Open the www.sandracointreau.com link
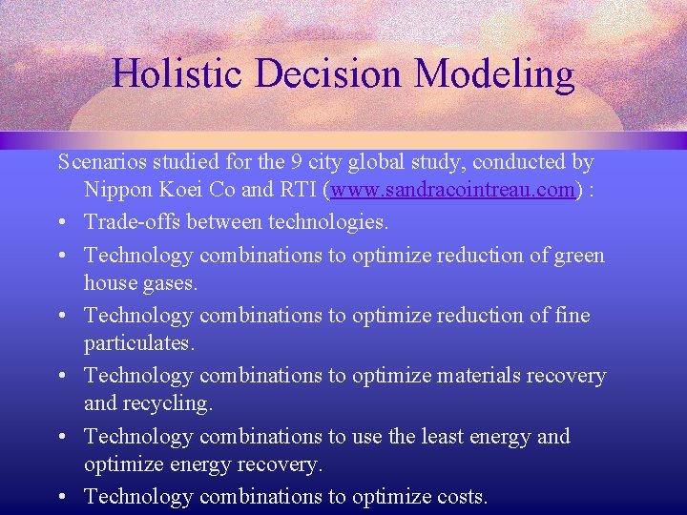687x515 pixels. [x=454, y=190]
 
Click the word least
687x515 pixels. [x=448, y=436]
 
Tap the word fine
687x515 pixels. [x=571, y=316]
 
